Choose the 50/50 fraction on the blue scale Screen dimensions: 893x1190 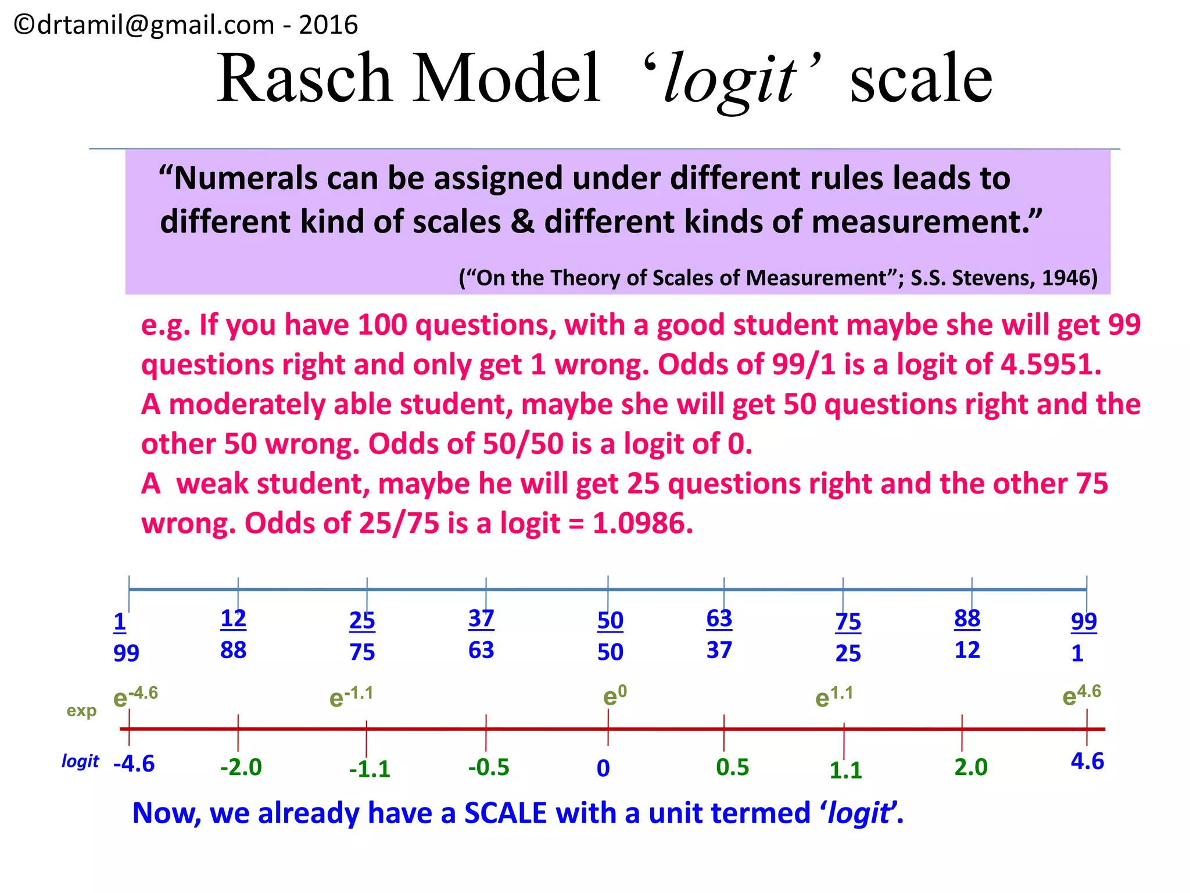coord(610,636)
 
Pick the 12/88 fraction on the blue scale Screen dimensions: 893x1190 coord(234,634)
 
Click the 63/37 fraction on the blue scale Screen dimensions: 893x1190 coord(719,634)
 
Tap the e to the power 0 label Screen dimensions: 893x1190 coord(615,695)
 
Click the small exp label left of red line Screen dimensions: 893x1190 coord(81,710)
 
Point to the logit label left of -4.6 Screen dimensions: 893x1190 coord(80,761)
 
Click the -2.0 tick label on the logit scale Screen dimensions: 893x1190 coord(241,767)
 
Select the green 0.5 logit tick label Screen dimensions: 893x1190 coord(733,767)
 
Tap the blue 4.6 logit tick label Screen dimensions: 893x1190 coord(1087,762)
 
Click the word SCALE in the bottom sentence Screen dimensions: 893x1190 coord(506,813)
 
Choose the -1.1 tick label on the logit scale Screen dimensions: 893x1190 coord(370,769)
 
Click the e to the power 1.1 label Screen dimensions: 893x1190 coord(834,696)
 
